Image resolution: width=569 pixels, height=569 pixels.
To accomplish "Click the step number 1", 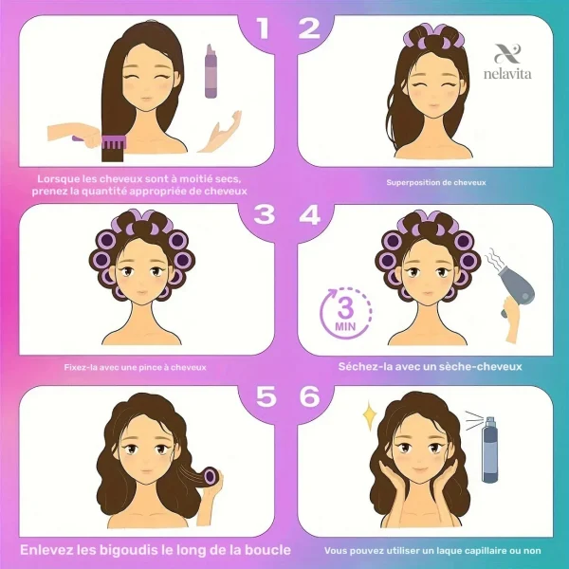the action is pyautogui.click(x=263, y=28).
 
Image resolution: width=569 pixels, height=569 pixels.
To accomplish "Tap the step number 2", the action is pyautogui.click(x=309, y=28).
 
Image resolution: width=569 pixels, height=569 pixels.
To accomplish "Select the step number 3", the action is pyautogui.click(x=265, y=214).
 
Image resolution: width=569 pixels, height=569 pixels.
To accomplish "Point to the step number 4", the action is pyautogui.click(x=309, y=214).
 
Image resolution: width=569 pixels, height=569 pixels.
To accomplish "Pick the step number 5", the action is pyautogui.click(x=266, y=395).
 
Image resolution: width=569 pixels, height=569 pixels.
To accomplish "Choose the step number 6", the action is pyautogui.click(x=309, y=395).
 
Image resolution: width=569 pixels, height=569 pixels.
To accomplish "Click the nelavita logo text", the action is pyautogui.click(x=507, y=74).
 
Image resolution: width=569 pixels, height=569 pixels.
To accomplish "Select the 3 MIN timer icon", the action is pyautogui.click(x=345, y=313).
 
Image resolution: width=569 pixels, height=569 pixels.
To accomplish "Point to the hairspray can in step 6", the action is pyautogui.click(x=489, y=450).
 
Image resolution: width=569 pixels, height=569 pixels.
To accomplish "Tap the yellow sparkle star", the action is pyautogui.click(x=370, y=415).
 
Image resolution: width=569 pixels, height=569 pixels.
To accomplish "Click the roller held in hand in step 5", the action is pyautogui.click(x=211, y=476).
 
